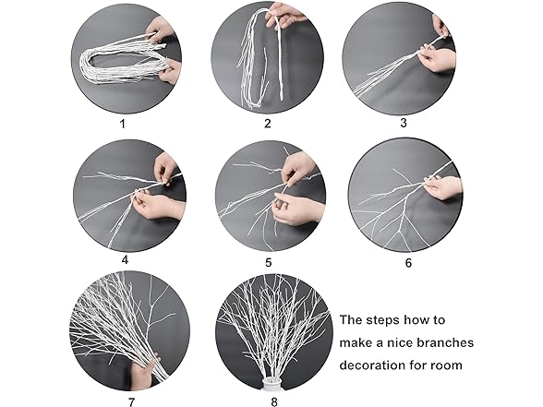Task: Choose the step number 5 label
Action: click(x=268, y=261)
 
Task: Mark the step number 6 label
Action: click(x=408, y=261)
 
